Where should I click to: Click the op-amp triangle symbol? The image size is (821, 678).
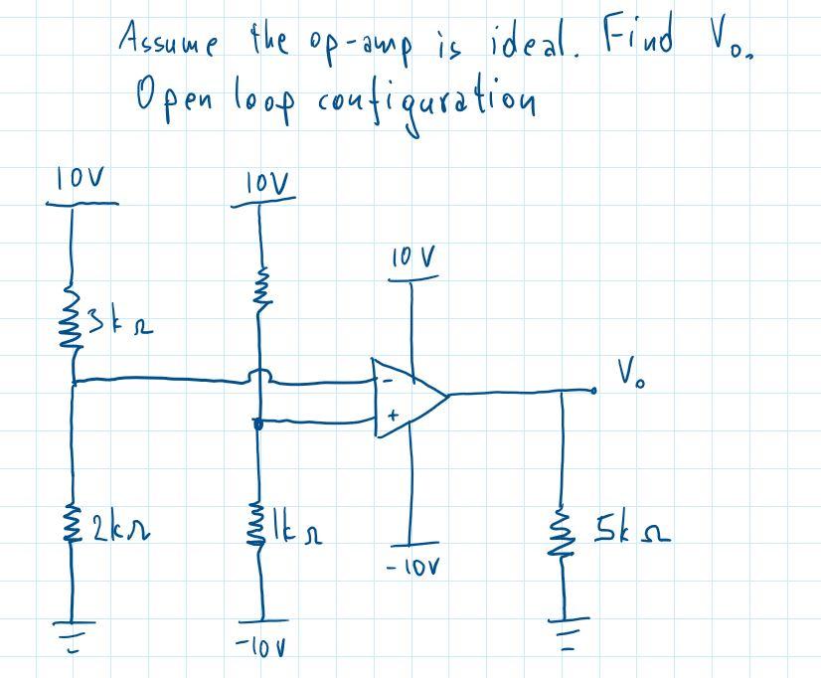pyautogui.click(x=408, y=395)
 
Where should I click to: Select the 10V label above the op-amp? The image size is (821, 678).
pyautogui.click(x=411, y=260)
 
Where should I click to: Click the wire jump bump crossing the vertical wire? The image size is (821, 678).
pyautogui.click(x=259, y=376)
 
